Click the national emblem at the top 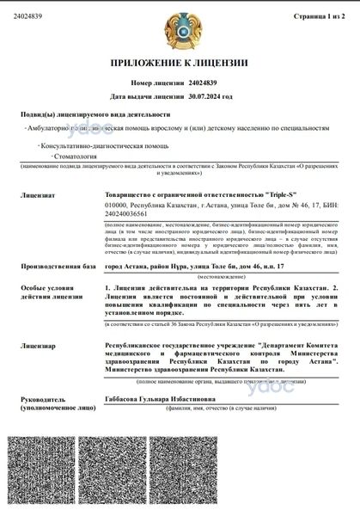[180, 28]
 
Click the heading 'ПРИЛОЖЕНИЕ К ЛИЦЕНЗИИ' [180, 65]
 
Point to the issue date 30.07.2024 [211, 97]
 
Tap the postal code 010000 [115, 208]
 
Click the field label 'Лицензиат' [38, 197]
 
